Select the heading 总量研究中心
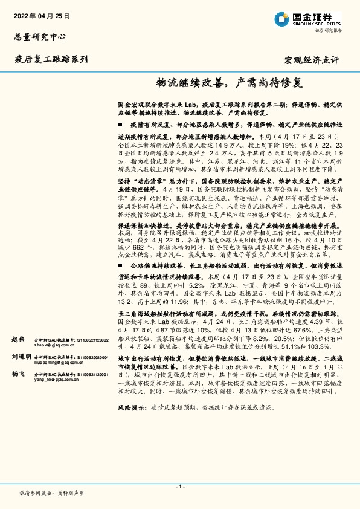coord(39,36)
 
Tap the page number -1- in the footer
coord(180,487)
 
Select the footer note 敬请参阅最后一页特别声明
coord(52,493)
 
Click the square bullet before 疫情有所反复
coord(121,123)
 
